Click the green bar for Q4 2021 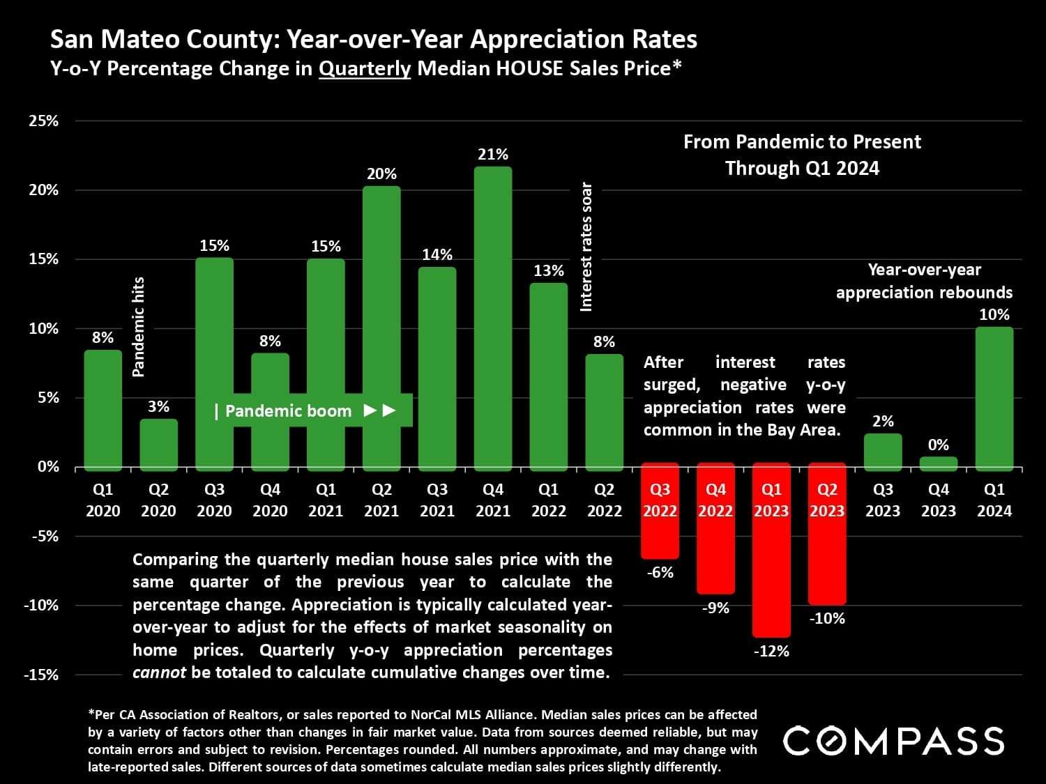[x=493, y=317]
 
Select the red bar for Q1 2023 [x=771, y=551]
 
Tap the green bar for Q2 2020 [x=158, y=444]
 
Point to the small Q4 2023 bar [x=939, y=463]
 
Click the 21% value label [x=493, y=155]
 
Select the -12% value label [x=771, y=652]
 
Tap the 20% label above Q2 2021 [x=381, y=174]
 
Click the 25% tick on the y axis [x=44, y=121]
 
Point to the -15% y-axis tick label [x=41, y=675]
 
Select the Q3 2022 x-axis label [x=660, y=500]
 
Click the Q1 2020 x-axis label [x=103, y=500]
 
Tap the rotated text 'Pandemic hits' [x=139, y=326]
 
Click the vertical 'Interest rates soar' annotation [x=586, y=247]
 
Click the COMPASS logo [x=893, y=741]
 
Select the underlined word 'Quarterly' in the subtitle [x=365, y=68]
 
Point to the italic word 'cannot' [x=159, y=672]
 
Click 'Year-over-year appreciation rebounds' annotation [x=924, y=281]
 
